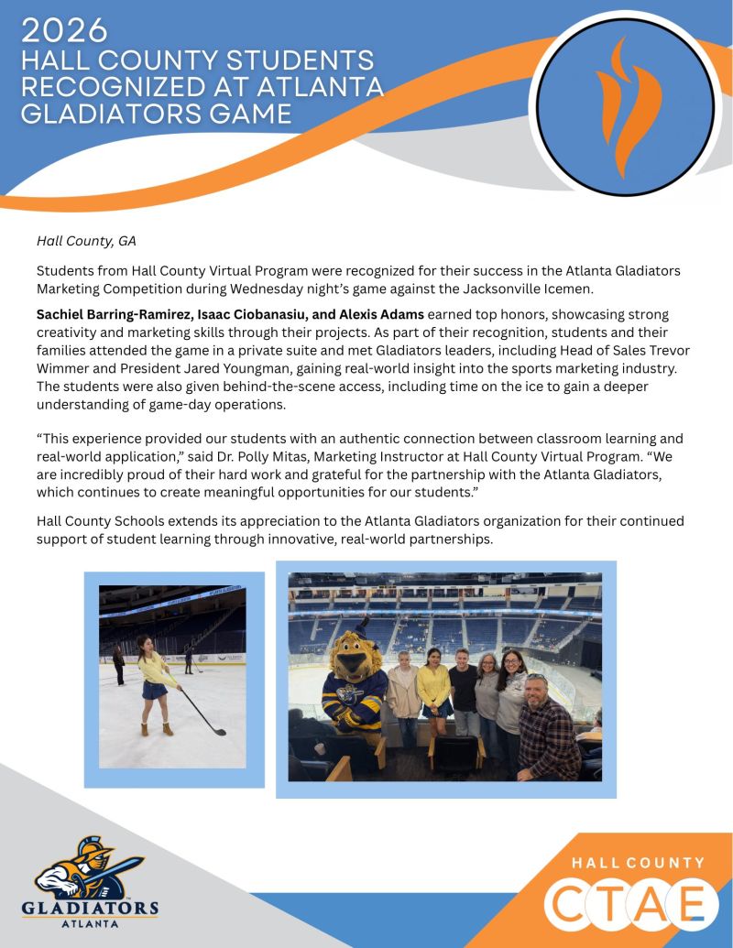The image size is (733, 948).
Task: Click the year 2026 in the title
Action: click(64, 30)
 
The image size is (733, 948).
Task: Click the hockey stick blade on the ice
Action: click(216, 729)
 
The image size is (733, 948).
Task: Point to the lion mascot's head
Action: click(353, 657)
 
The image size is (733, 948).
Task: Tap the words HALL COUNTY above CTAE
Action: click(639, 863)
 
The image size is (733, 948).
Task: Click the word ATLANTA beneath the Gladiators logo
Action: click(90, 923)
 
